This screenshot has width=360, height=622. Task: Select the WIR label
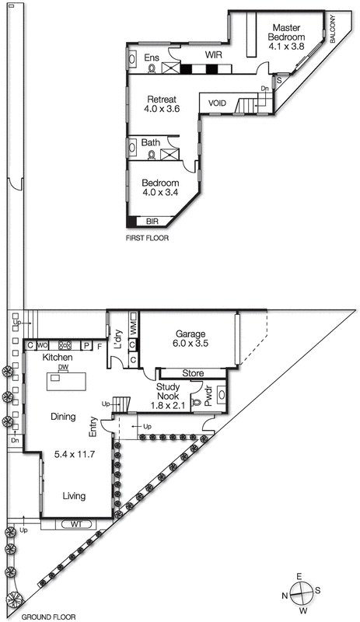click(x=214, y=55)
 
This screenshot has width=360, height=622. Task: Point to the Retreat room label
click(x=162, y=100)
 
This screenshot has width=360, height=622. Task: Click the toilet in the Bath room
click(x=151, y=155)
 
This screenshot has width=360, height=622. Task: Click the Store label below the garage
click(x=193, y=374)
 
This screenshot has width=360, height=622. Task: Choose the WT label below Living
click(x=75, y=524)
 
